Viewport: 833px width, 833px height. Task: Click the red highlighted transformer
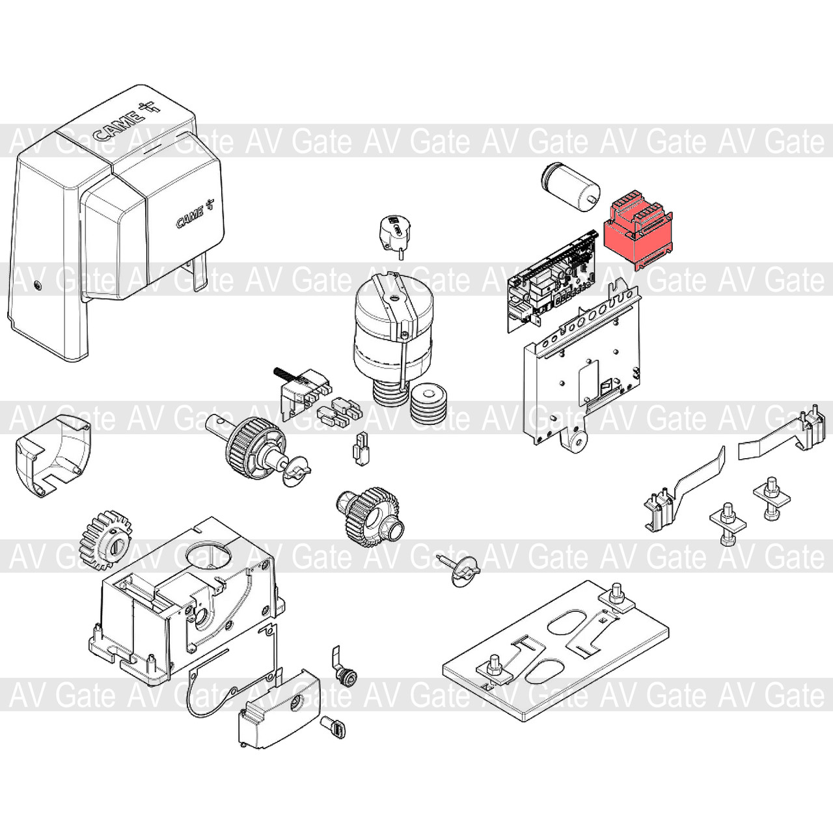(638, 234)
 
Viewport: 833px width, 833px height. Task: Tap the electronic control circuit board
(553, 282)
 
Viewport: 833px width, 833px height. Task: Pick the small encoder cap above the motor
(396, 236)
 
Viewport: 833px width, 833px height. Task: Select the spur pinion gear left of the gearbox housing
(105, 539)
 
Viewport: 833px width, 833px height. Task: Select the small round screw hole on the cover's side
(37, 285)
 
